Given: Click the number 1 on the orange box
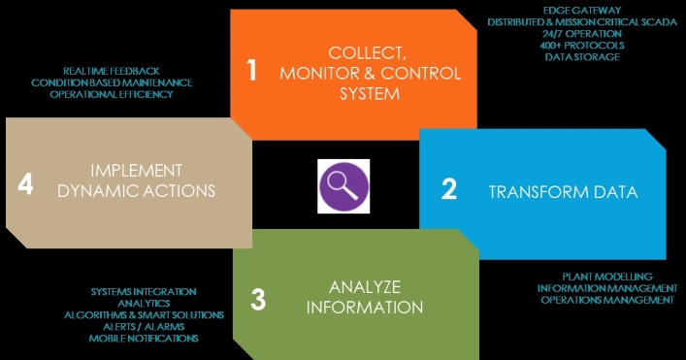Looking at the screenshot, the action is (251, 70).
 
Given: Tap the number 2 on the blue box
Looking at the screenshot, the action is (449, 189).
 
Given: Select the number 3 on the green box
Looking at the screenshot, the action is (258, 300).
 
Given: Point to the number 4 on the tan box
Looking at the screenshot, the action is (25, 184).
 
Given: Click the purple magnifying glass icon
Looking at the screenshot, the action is (343, 186).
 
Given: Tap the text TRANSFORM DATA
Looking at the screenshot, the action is (563, 192).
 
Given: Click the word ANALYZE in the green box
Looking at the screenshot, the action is (365, 287).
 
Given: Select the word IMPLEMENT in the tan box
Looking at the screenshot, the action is (137, 170).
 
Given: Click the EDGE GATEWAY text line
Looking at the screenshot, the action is (582, 10).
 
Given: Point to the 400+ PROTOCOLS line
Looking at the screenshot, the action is (582, 45).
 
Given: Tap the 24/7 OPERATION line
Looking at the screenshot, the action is (582, 34).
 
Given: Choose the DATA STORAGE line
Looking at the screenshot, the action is (582, 57).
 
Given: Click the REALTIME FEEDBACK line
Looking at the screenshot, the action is (112, 71).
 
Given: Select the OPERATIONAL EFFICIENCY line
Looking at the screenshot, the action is (112, 94).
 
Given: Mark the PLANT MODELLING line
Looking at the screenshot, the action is (607, 277).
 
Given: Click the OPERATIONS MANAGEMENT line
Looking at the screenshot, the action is (607, 300).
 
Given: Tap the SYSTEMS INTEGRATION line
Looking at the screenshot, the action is (144, 292).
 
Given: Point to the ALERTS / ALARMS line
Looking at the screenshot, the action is (144, 327).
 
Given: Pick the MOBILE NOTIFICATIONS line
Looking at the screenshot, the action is (144, 338).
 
